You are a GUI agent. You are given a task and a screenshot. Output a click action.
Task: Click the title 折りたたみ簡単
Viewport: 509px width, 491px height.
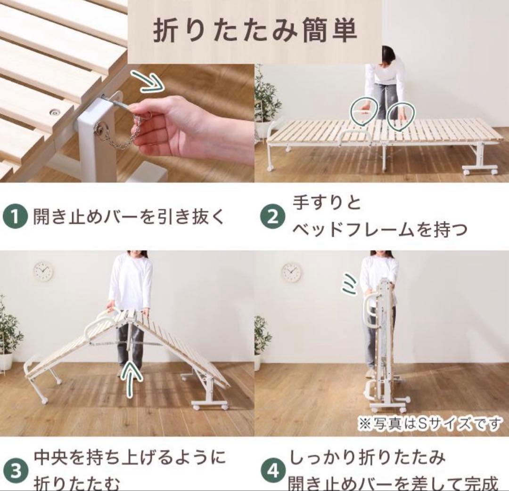(255, 31)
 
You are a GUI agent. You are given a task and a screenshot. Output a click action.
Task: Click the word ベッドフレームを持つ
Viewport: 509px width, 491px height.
(380, 229)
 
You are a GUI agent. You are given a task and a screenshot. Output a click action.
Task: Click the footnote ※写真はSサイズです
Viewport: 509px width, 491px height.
(430, 424)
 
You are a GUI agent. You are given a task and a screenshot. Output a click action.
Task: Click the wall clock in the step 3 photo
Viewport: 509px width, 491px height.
(43, 272)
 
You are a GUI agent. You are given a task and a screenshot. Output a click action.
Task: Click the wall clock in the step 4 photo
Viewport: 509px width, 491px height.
(291, 273)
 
